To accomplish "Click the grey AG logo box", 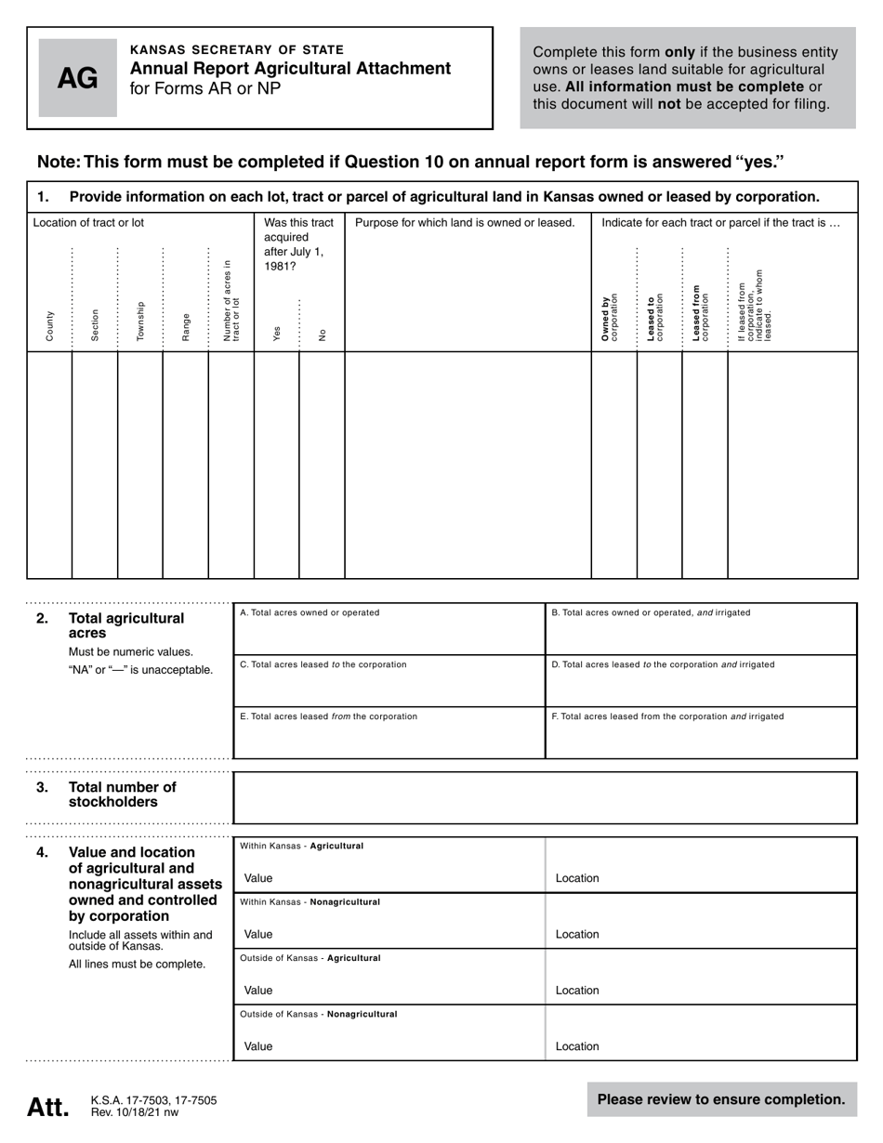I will [x=77, y=78].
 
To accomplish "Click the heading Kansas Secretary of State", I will [x=236, y=50].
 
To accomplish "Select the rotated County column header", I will [x=49, y=325].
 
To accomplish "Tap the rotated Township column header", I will [x=140, y=321].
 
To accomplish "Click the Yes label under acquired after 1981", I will [x=276, y=334].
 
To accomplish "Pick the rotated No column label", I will [x=322, y=335].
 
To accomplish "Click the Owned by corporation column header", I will [x=610, y=316].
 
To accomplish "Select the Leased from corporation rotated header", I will [x=700, y=313].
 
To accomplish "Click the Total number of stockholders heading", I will [x=122, y=795].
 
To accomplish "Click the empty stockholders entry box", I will [x=544, y=797].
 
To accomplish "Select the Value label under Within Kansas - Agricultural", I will [x=258, y=878].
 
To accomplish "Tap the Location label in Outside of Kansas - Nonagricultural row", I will [x=577, y=1046].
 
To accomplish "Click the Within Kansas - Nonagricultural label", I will [x=310, y=902].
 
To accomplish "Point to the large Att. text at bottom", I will [x=47, y=1107].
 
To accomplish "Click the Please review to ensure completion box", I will [x=721, y=1099].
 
